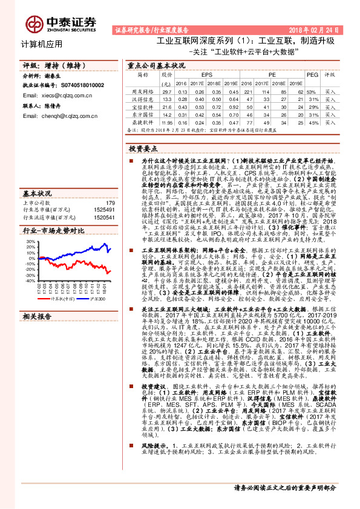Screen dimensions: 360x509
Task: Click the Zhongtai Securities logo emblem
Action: tap(34, 22)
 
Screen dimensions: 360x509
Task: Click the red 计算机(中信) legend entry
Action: tap(60, 298)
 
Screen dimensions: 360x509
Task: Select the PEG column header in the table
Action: tap(313, 74)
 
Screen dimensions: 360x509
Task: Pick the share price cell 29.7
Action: tap(166, 90)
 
